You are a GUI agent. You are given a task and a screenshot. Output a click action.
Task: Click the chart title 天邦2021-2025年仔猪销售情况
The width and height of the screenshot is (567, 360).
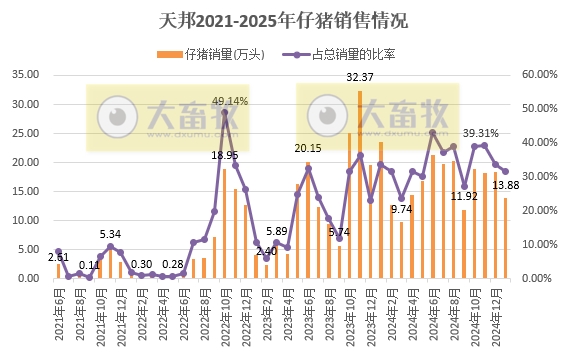283,20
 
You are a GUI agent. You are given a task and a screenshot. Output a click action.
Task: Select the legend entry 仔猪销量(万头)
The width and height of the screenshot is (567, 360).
214,53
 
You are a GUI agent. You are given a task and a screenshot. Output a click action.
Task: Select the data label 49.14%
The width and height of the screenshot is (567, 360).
230,101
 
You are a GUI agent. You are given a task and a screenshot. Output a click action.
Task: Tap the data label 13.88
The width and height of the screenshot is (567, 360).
506,185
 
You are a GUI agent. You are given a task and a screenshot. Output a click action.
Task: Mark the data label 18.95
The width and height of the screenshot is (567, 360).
225,156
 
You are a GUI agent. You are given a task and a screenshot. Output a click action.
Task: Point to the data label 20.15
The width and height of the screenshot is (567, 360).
307,149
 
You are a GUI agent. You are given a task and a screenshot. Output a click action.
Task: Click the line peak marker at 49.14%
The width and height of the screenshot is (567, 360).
224,112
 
